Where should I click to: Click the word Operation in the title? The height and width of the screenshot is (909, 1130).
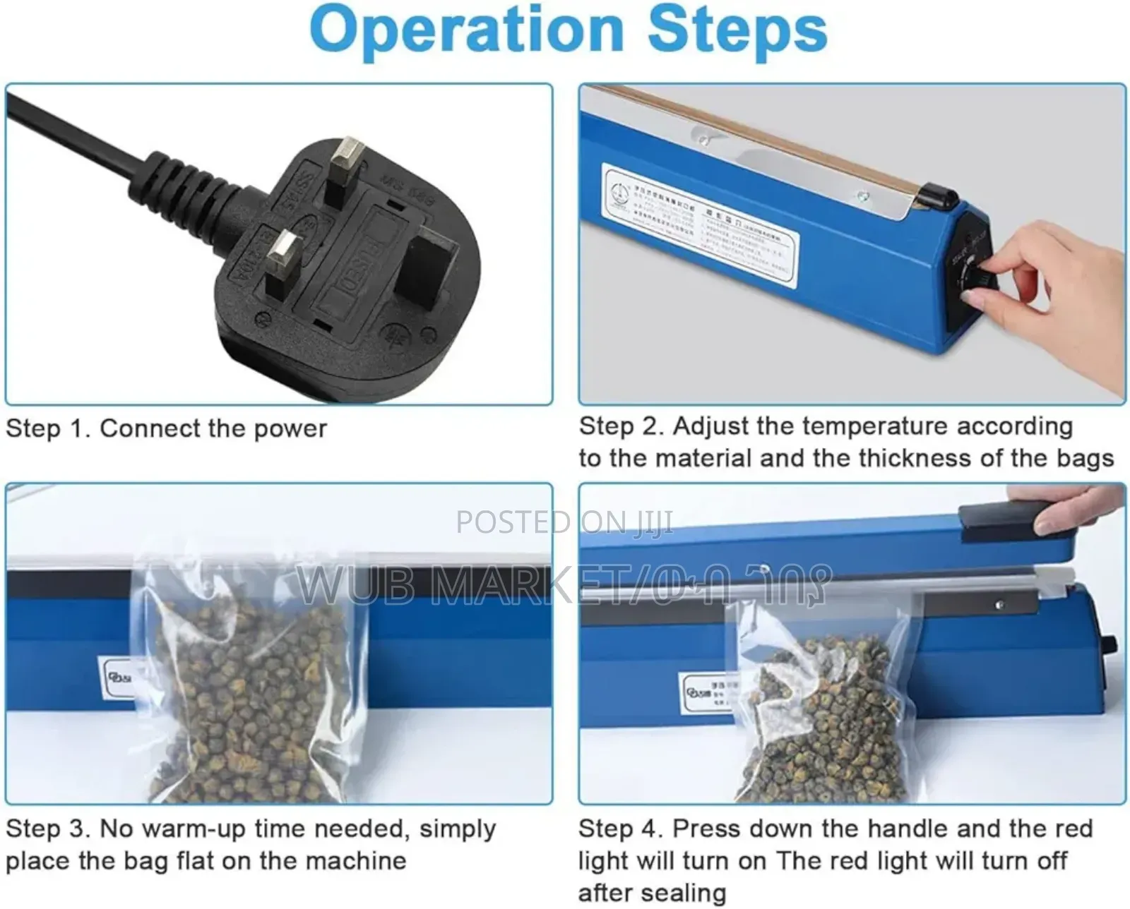click(466, 30)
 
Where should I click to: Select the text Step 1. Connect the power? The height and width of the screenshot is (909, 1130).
click(166, 428)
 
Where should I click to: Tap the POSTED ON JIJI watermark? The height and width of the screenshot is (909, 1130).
click(564, 522)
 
